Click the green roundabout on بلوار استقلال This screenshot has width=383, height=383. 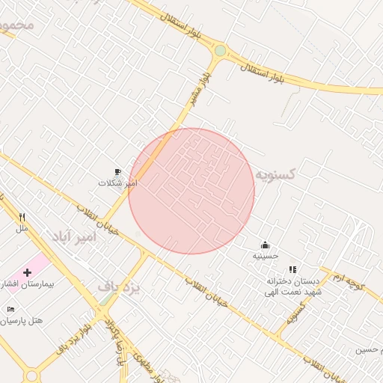tap(221, 51)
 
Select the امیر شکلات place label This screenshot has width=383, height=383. tap(118, 183)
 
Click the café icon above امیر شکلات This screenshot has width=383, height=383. tap(117, 172)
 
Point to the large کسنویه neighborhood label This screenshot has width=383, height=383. tap(275, 174)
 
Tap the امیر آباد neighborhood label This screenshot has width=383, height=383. tap(74, 236)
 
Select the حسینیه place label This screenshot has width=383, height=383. tap(265, 256)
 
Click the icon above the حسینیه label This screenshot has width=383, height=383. tap(265, 245)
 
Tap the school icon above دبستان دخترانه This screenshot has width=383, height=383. tap(292, 269)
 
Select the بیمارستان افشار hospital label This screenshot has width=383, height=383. tap(22, 285)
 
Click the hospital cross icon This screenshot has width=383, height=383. tap(28, 272)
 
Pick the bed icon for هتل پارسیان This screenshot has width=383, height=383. tap(10, 309)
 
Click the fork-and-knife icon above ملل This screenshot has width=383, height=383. tap(22, 218)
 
